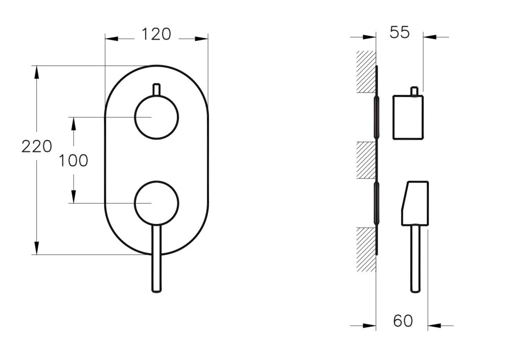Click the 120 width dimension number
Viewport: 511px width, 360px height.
click(x=156, y=34)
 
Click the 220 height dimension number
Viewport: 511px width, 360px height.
click(x=37, y=147)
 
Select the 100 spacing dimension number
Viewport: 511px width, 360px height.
click(x=73, y=161)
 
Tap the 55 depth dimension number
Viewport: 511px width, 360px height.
click(x=400, y=32)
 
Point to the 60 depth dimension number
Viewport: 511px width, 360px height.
click(x=403, y=321)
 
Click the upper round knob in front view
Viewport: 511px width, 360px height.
click(x=156, y=117)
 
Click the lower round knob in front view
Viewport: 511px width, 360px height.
click(x=156, y=202)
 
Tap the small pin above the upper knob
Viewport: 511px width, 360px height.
click(x=156, y=88)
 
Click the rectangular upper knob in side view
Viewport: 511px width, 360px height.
click(x=408, y=117)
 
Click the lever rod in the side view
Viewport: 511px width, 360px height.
click(x=415, y=259)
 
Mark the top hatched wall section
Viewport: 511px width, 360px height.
click(x=366, y=72)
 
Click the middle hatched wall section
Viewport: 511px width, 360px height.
click(x=366, y=160)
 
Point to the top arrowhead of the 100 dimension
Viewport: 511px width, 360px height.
click(x=73, y=123)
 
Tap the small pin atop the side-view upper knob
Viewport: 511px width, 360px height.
click(x=415, y=91)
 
